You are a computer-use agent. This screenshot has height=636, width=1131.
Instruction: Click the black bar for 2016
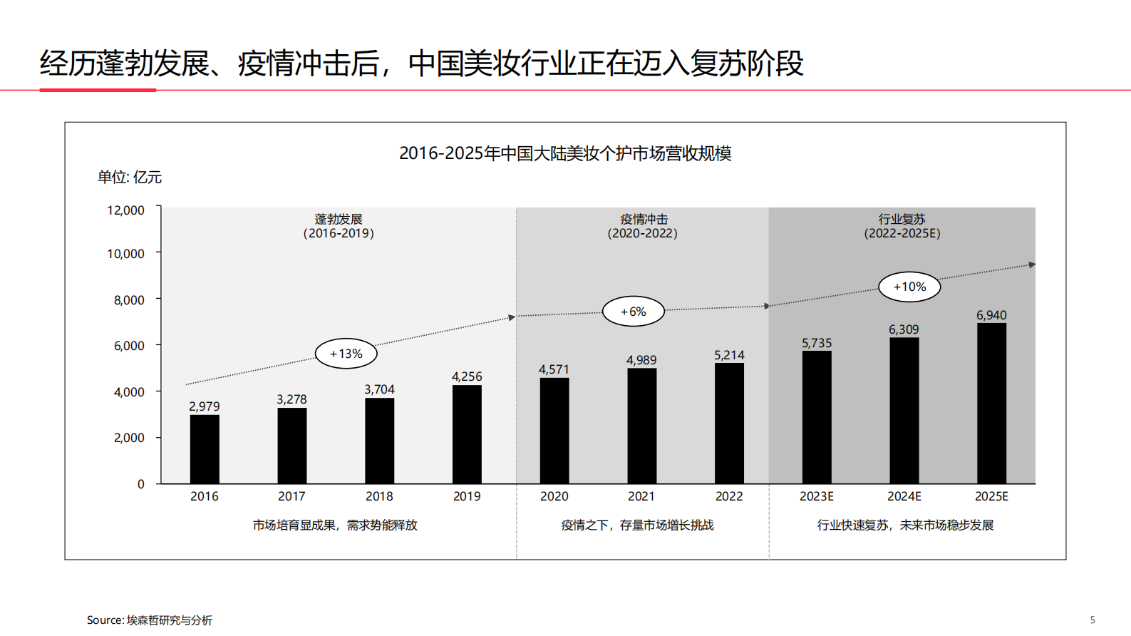click(205, 449)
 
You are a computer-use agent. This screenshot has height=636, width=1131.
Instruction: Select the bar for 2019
click(467, 434)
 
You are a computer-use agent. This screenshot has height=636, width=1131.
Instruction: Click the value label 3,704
click(379, 389)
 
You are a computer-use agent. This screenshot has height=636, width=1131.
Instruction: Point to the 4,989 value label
click(641, 360)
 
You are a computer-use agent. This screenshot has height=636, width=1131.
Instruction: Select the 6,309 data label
click(904, 329)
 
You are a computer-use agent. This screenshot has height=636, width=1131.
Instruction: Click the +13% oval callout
click(346, 354)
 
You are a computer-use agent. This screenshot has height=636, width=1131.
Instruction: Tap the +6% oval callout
click(633, 312)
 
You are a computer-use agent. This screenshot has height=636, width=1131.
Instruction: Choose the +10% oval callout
click(909, 287)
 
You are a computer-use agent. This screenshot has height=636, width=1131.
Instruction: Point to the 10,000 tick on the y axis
click(125, 254)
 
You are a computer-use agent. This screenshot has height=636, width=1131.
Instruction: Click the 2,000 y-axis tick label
click(129, 438)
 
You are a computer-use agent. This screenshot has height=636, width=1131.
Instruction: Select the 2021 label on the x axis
click(641, 496)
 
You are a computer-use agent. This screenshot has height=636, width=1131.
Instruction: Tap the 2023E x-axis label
click(817, 496)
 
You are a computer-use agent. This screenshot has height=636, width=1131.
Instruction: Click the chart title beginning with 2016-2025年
click(564, 153)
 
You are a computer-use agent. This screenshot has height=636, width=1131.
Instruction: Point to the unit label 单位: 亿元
click(130, 178)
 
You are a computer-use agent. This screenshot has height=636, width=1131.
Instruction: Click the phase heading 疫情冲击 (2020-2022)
click(643, 226)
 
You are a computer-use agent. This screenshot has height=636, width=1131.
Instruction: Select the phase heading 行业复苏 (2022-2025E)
click(902, 226)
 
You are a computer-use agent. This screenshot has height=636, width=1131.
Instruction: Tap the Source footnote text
click(150, 620)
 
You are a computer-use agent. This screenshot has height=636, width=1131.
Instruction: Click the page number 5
click(1093, 620)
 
